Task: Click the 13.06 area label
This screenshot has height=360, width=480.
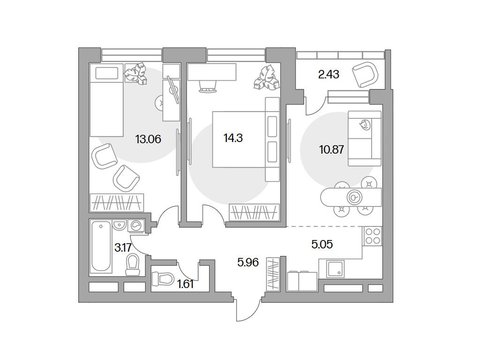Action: (148, 140)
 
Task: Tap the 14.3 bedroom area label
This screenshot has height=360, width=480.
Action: (233, 138)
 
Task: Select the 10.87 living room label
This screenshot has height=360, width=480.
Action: (331, 150)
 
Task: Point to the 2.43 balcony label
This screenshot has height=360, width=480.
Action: (329, 75)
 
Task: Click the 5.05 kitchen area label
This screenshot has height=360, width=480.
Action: (322, 244)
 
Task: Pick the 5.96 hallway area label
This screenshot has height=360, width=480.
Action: (248, 262)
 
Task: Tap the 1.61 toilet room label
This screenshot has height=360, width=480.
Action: (186, 285)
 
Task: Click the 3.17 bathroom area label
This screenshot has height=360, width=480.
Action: (123, 247)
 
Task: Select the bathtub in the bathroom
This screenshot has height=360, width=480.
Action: (101, 247)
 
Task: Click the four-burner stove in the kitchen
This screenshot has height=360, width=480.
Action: (373, 236)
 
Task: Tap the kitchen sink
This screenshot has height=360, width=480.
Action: (335, 269)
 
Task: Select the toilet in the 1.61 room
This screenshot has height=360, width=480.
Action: (163, 279)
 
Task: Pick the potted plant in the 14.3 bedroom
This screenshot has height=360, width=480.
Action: (266, 77)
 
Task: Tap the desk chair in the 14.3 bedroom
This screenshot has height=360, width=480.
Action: (208, 86)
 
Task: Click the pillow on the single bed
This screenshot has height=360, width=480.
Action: (107, 73)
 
